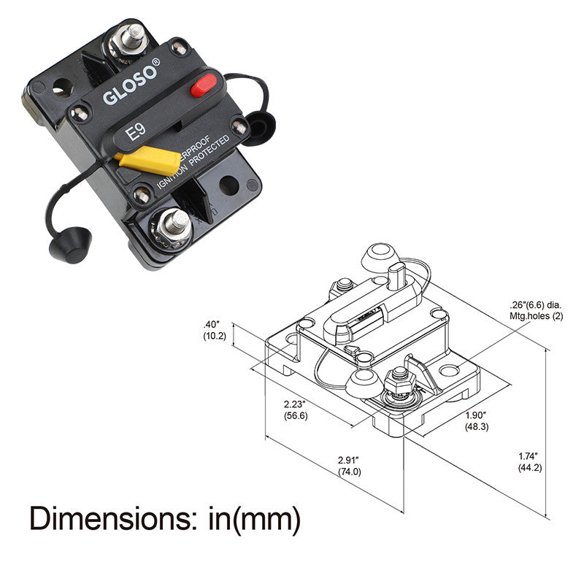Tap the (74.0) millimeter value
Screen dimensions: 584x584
click(x=350, y=472)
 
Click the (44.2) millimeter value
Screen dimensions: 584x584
click(x=530, y=467)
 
